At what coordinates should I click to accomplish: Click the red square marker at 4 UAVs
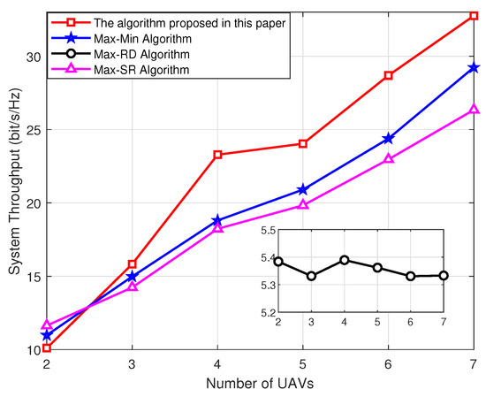click(x=217, y=155)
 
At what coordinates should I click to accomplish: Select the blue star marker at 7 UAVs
click(x=475, y=67)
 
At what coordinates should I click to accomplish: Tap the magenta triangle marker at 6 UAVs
click(x=389, y=159)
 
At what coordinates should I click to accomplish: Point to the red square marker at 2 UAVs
click(x=47, y=348)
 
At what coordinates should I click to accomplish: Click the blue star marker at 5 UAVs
click(x=303, y=189)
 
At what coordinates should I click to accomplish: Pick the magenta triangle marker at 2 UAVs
click(x=47, y=325)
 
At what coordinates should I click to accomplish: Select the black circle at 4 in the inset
click(x=345, y=260)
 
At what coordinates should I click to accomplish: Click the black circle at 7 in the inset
click(x=444, y=276)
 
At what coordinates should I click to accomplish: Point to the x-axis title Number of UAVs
click(x=261, y=386)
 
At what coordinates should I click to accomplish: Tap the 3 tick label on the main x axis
click(x=133, y=364)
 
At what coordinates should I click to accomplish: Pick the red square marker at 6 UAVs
click(x=389, y=75)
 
